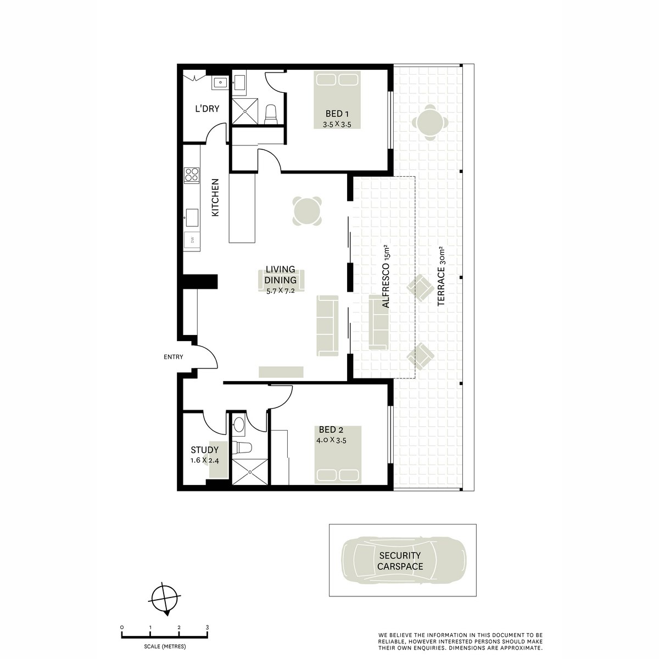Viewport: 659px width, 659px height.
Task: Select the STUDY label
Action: pyautogui.click(x=204, y=450)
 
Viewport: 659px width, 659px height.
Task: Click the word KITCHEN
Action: pyautogui.click(x=215, y=197)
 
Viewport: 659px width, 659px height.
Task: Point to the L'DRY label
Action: pyautogui.click(x=207, y=109)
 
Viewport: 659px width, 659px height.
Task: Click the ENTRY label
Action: pyautogui.click(x=174, y=357)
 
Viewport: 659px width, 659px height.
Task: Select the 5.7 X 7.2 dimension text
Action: pyautogui.click(x=280, y=291)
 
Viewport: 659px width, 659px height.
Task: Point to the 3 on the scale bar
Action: pyautogui.click(x=207, y=627)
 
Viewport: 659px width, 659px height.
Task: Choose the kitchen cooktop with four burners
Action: pyautogui.click(x=192, y=175)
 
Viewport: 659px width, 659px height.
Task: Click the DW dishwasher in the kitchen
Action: pyautogui.click(x=193, y=240)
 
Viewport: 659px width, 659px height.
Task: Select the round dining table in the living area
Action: pyautogui.click(x=307, y=211)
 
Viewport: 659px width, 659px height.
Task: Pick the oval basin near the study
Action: pyautogui.click(x=239, y=425)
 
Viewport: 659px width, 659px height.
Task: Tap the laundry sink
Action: pyautogui.click(x=220, y=83)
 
